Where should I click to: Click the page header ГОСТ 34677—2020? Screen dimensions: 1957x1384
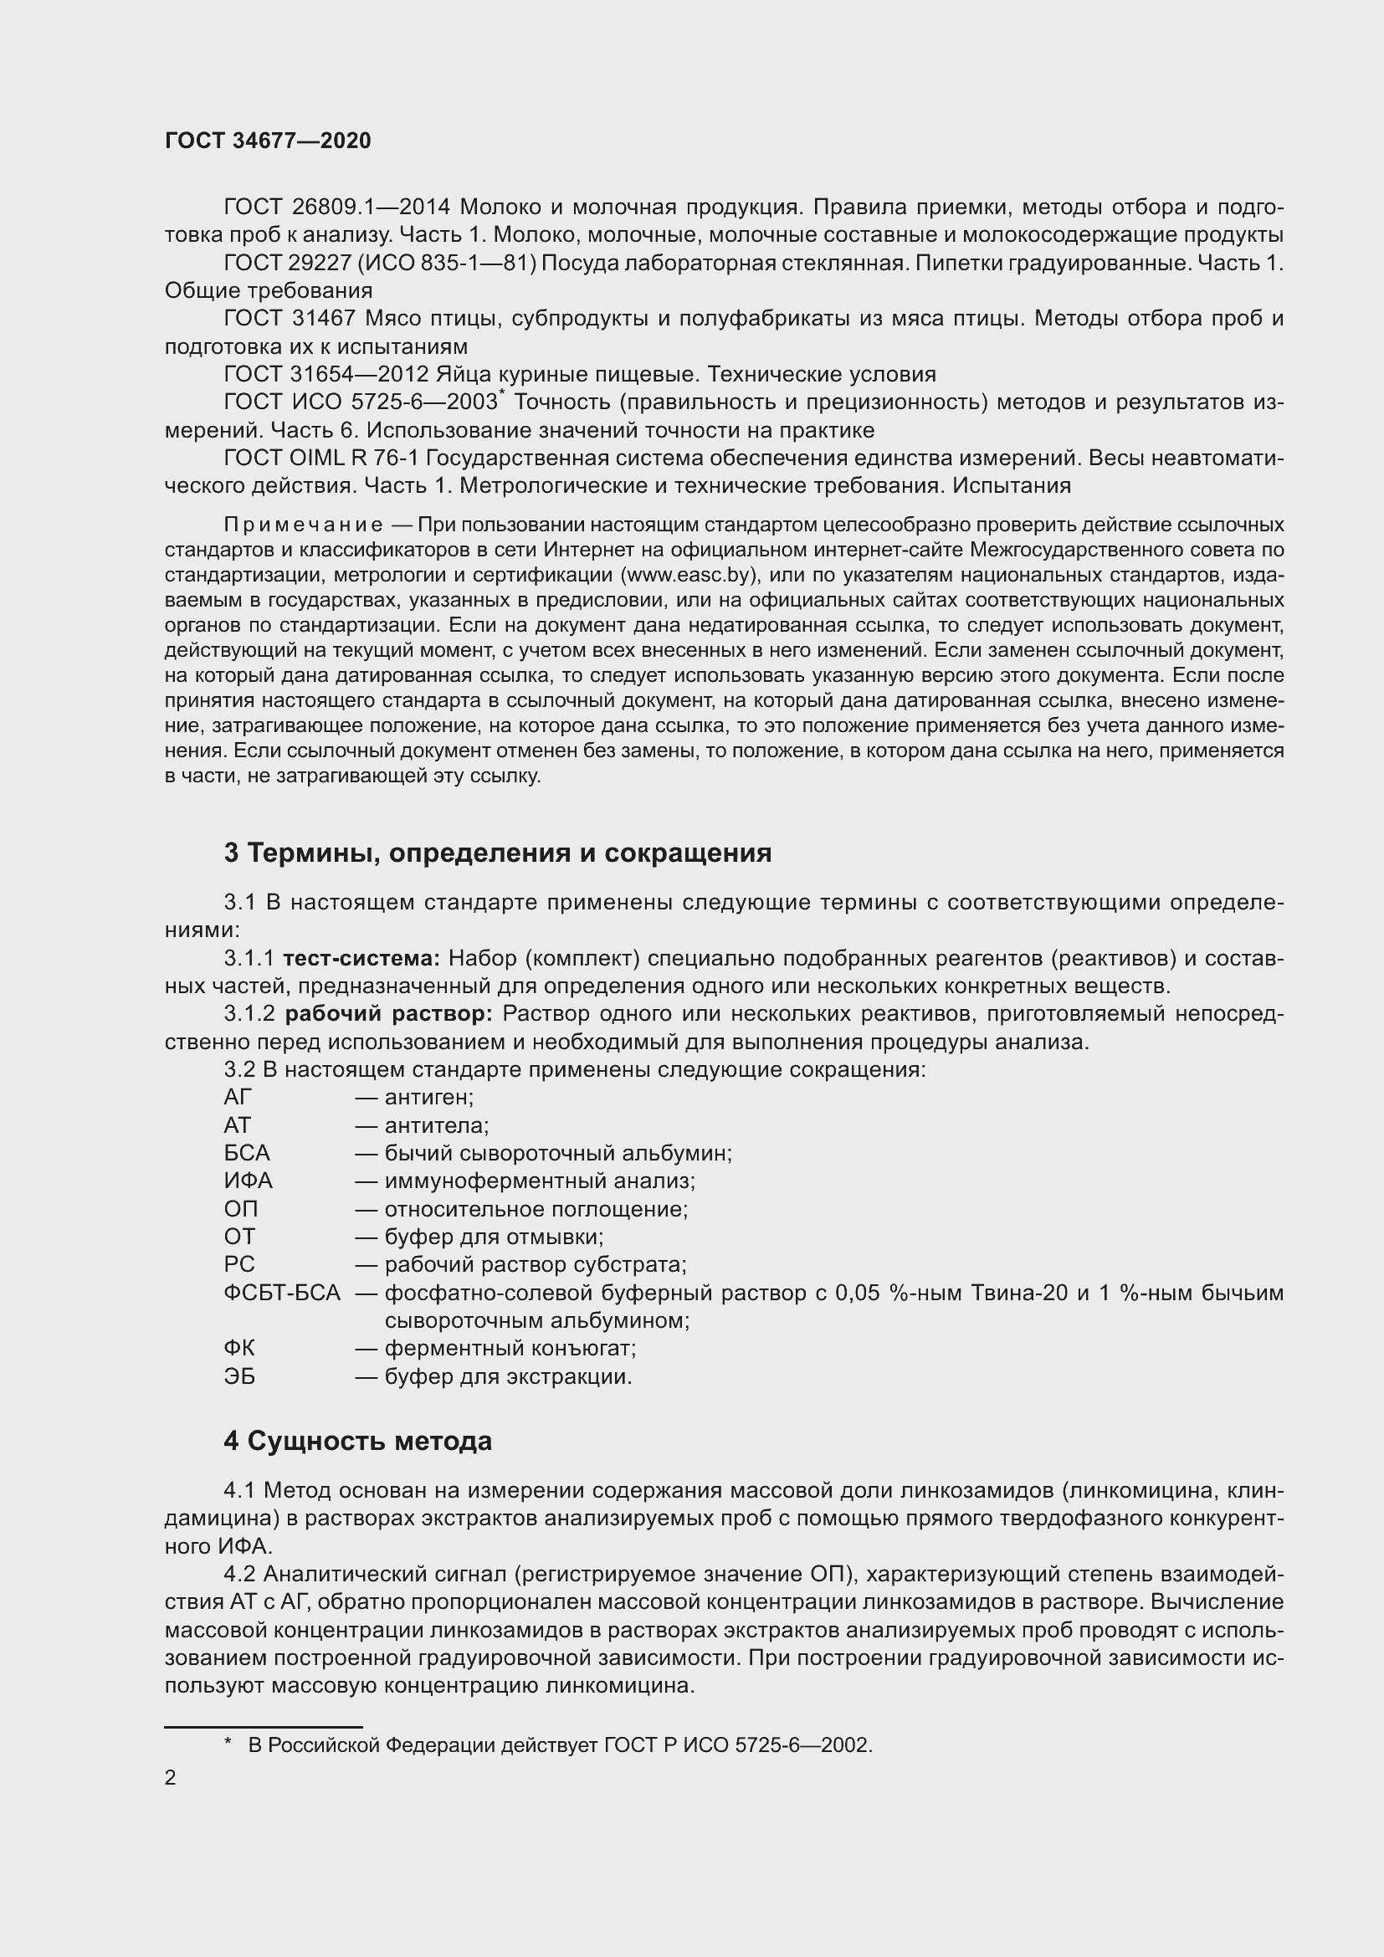pos(268,141)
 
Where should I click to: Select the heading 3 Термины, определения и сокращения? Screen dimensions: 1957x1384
pos(497,853)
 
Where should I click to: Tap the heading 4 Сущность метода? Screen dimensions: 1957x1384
pos(357,1442)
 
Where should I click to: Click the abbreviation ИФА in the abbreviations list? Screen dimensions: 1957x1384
pos(248,1181)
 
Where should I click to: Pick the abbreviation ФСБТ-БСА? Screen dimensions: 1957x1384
pos(282,1293)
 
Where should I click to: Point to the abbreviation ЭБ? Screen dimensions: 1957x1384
pos(239,1376)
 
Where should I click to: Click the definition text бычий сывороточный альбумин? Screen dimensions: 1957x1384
pos(557,1153)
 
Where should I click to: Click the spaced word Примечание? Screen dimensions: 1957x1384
pos(303,525)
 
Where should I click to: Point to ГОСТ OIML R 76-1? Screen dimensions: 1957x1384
pos(320,459)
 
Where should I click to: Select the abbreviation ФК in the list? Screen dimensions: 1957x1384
pos(238,1349)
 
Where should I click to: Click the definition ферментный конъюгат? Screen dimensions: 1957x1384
pos(510,1349)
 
